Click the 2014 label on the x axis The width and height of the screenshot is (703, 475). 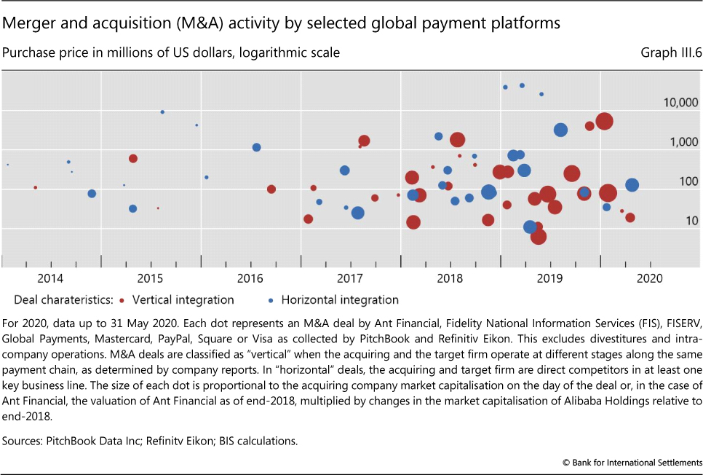tap(50, 278)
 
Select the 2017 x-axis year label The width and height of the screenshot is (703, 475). tap(350, 278)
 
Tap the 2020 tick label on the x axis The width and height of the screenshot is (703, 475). tap(650, 278)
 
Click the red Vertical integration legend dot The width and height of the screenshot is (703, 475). tap(122, 300)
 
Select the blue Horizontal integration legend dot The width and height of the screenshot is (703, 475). tap(271, 300)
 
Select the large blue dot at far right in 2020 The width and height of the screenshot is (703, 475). tap(632, 185)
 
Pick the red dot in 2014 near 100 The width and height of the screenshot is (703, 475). tap(35, 187)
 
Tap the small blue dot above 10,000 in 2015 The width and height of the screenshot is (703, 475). tap(162, 111)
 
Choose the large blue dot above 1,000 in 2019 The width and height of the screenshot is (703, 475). tap(560, 130)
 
